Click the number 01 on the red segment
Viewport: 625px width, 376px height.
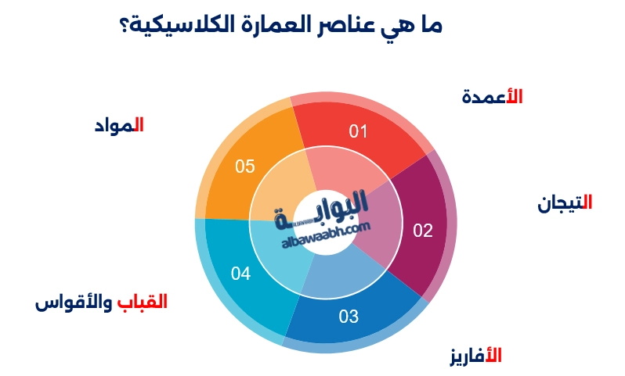[358, 131]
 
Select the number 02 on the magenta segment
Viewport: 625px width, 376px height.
[423, 231]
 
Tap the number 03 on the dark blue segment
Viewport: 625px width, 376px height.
[349, 317]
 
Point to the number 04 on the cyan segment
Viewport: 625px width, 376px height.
[240, 274]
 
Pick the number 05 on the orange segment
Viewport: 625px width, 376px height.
[245, 167]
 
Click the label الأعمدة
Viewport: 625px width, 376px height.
[492, 97]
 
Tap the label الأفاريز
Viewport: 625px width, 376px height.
[475, 356]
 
